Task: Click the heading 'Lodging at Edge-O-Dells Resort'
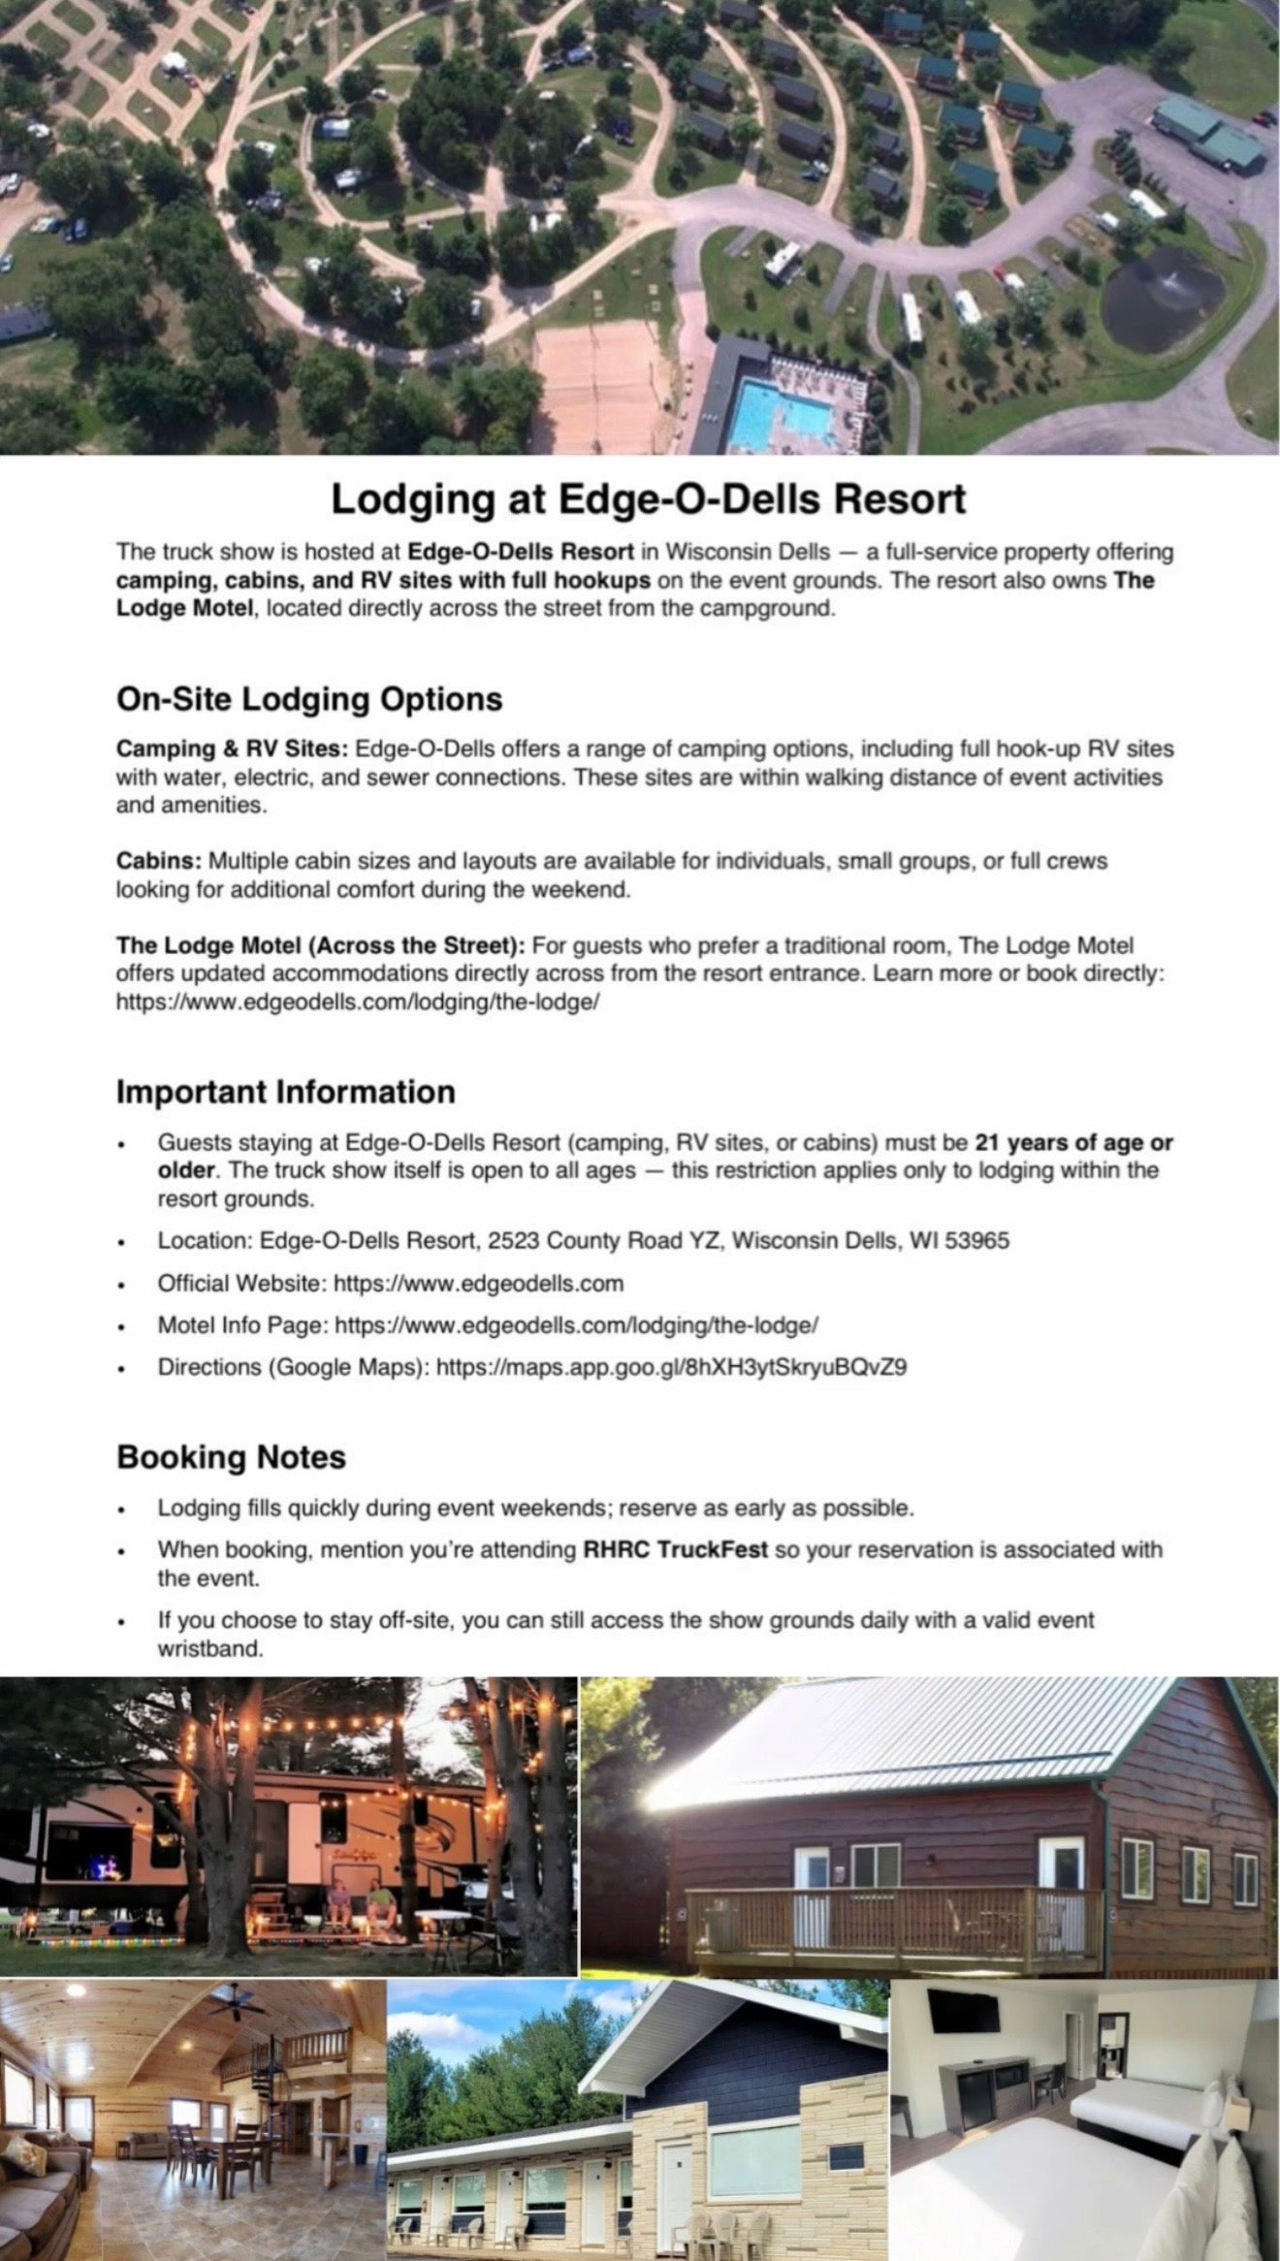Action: tap(648, 499)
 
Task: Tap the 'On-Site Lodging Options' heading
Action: tap(309, 699)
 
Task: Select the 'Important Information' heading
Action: tap(285, 1091)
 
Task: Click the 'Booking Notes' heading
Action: tap(231, 1457)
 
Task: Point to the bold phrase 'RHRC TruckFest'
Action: tap(675, 1549)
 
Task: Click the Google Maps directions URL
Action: tap(671, 1367)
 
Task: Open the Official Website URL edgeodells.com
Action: tap(478, 1283)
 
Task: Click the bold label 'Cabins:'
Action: tap(159, 861)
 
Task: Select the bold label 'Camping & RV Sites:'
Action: tap(232, 749)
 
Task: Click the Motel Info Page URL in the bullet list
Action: tap(578, 1324)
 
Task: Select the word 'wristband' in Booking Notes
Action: tap(209, 1648)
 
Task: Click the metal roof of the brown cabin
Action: tap(873, 1745)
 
